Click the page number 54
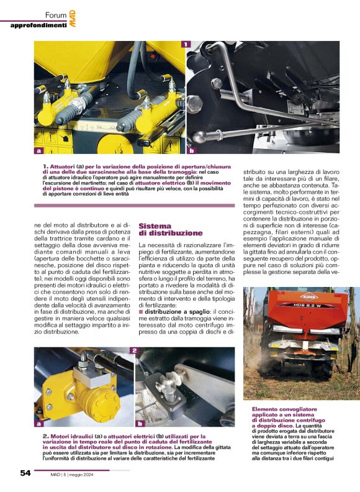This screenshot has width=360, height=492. [25, 473]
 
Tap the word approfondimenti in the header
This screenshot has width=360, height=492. [38, 25]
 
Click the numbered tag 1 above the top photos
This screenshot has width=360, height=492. [185, 44]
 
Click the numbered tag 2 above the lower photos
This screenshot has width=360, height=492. [133, 351]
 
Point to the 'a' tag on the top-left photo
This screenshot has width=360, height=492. [39, 150]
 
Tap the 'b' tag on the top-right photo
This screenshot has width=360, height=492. [191, 150]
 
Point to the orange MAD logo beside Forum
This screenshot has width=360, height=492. [73, 19]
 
